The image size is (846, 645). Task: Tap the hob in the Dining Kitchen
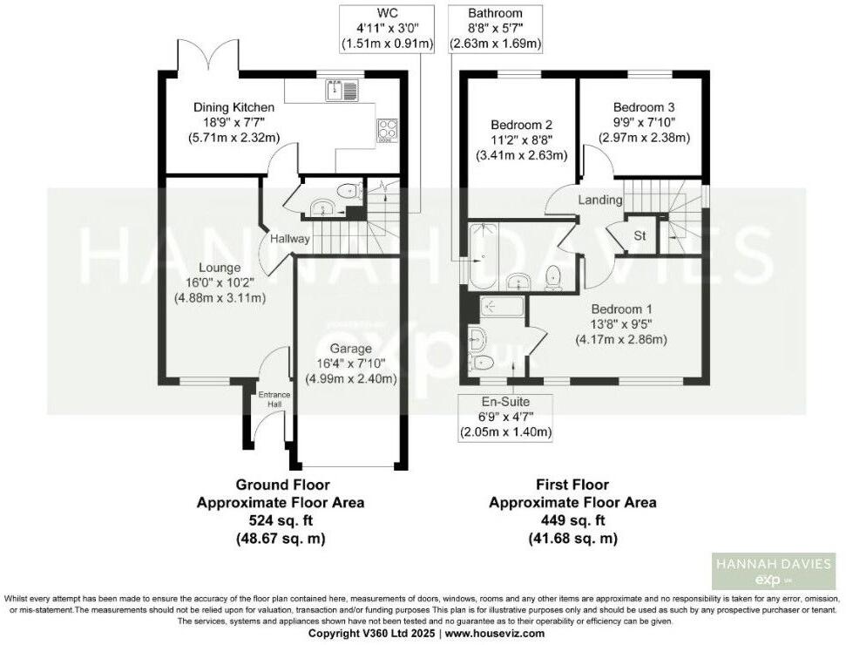(x=386, y=130)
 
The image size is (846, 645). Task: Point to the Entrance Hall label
(x=273, y=401)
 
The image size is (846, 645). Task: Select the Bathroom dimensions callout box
(x=494, y=28)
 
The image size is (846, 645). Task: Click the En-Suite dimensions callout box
(x=506, y=417)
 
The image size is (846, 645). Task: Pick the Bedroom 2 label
(x=521, y=125)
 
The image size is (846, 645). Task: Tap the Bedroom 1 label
(x=621, y=309)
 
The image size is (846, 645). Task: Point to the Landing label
(x=601, y=200)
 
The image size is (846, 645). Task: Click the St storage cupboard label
(x=639, y=235)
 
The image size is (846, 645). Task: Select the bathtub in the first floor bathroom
(x=481, y=256)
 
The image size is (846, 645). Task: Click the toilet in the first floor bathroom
(x=552, y=277)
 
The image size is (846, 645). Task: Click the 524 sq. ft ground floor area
(x=281, y=520)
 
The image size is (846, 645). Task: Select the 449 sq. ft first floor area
(x=572, y=520)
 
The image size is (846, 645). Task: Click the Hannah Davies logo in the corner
(x=773, y=572)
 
